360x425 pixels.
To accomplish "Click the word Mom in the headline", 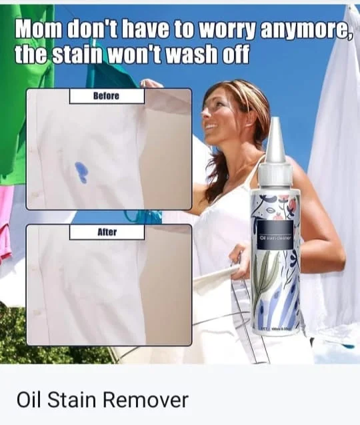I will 38,29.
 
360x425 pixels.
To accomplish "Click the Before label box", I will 106,96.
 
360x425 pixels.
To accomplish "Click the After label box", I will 107,232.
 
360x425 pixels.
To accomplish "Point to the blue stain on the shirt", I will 80,171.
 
